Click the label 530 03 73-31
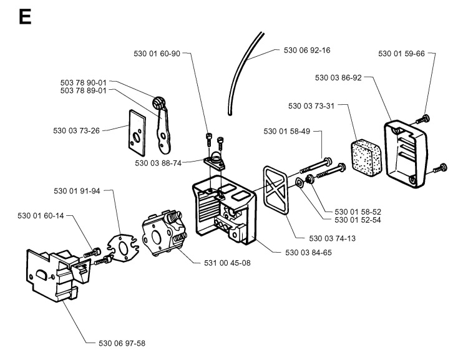coord(311,106)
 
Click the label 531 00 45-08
coord(229,263)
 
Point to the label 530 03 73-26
coord(75,130)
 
